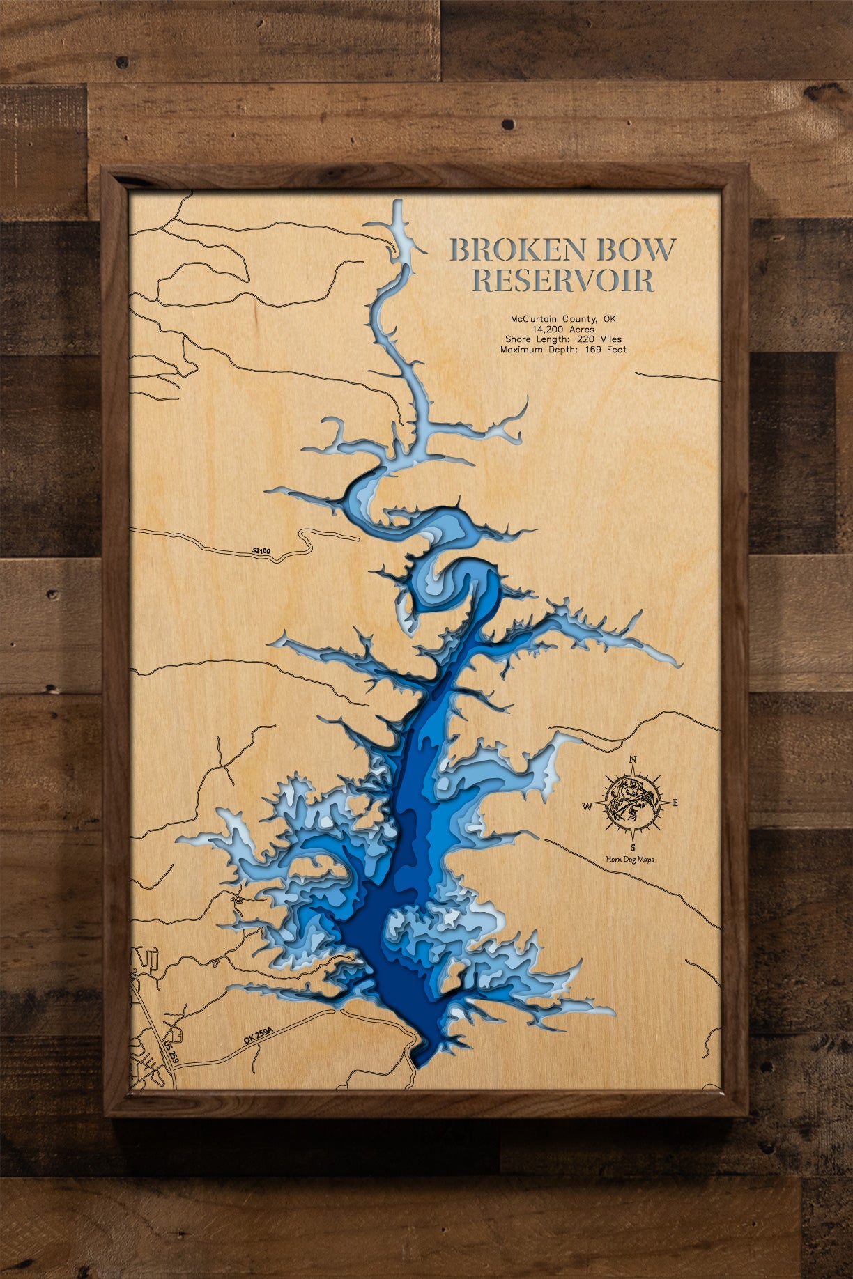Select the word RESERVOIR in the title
[x=563, y=281]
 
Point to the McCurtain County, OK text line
[x=563, y=319]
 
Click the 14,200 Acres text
[x=563, y=329]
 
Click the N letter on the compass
[x=633, y=759]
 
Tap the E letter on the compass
[x=675, y=803]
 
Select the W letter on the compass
[x=587, y=807]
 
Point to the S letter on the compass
[x=633, y=847]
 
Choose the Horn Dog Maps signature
[x=630, y=860]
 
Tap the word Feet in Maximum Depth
[x=616, y=350]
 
